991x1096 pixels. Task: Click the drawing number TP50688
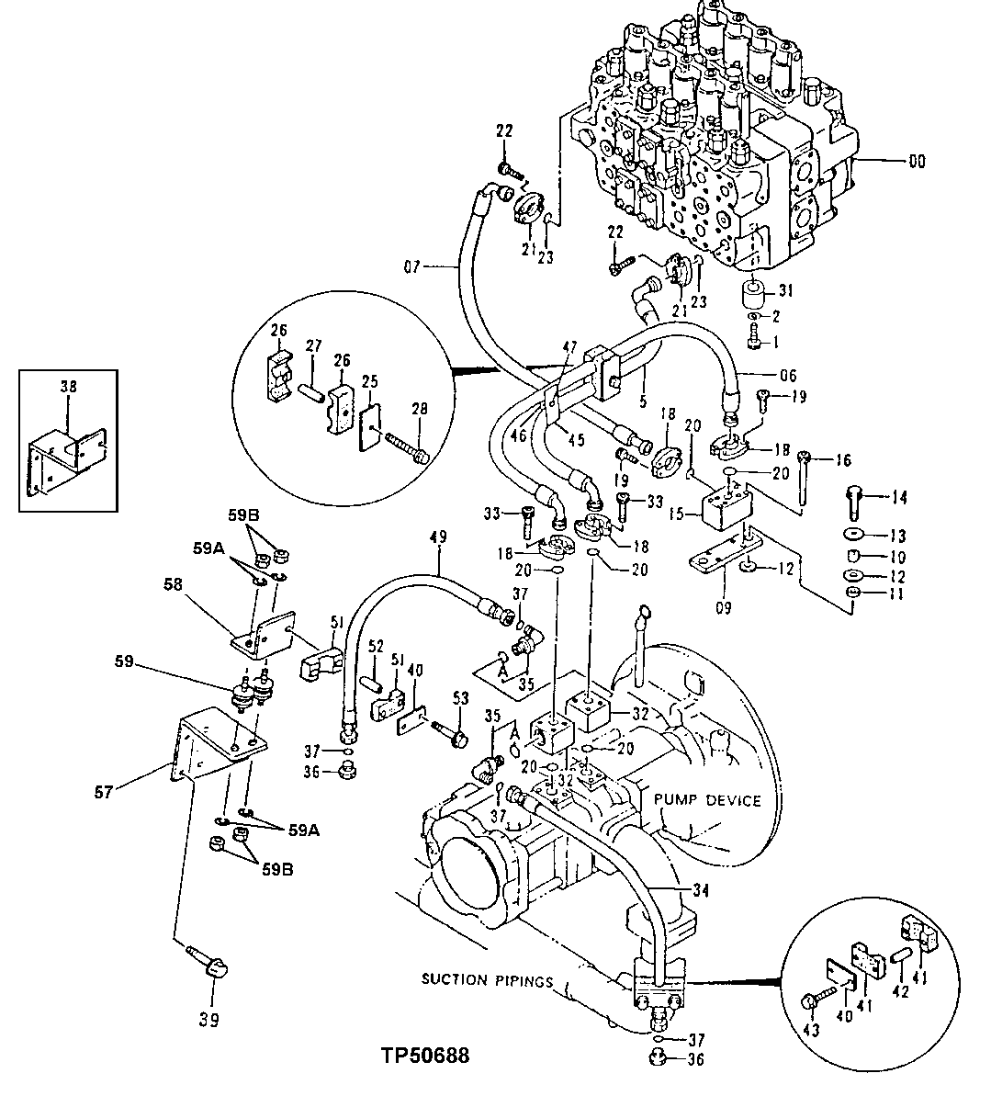424,1056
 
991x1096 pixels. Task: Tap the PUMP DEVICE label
707,800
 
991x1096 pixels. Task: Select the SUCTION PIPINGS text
487,979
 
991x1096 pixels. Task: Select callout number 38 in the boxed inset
68,388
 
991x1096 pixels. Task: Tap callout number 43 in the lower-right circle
812,1030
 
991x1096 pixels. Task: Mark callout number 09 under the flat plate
724,607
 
